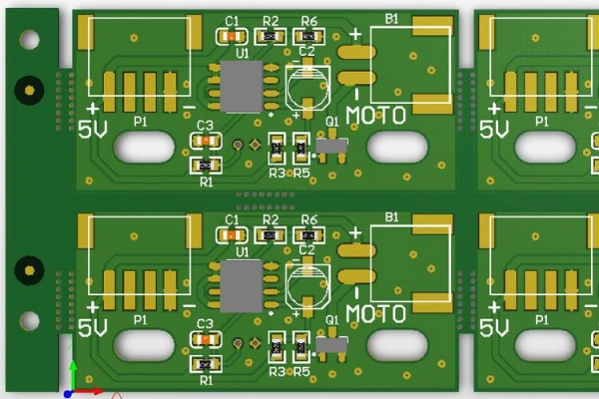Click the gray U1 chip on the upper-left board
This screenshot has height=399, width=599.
242,87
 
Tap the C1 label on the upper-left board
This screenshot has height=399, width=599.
232,21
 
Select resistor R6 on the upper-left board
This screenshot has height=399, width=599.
308,37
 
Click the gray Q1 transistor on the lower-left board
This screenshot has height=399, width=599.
331,345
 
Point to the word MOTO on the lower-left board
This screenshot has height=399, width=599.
375,314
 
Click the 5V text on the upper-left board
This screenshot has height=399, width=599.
93,130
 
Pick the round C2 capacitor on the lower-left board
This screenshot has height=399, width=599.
307,285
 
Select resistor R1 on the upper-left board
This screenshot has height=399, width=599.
206,166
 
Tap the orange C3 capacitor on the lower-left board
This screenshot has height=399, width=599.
206,339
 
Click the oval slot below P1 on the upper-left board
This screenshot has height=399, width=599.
144,147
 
